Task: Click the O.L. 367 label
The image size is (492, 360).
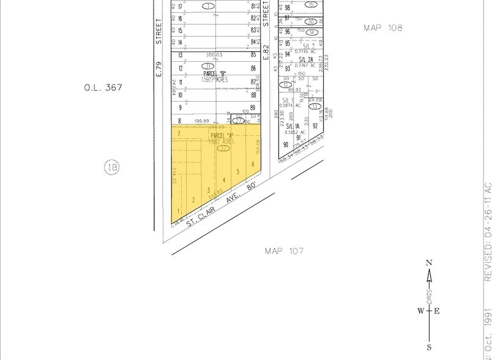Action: coord(103,88)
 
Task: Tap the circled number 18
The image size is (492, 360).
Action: coord(111,167)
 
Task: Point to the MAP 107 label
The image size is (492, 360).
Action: coord(284,251)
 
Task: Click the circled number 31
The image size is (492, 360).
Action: coord(208,66)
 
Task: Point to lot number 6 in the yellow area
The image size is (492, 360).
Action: coord(253,163)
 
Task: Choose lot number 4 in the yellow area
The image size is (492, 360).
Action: coord(224,179)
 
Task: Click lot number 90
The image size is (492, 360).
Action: coord(286,145)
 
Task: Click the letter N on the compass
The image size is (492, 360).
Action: coord(429,263)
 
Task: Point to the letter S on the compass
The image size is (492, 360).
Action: coord(429,347)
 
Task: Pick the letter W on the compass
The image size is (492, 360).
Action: coord(421,310)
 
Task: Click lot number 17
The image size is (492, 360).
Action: coord(181,7)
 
